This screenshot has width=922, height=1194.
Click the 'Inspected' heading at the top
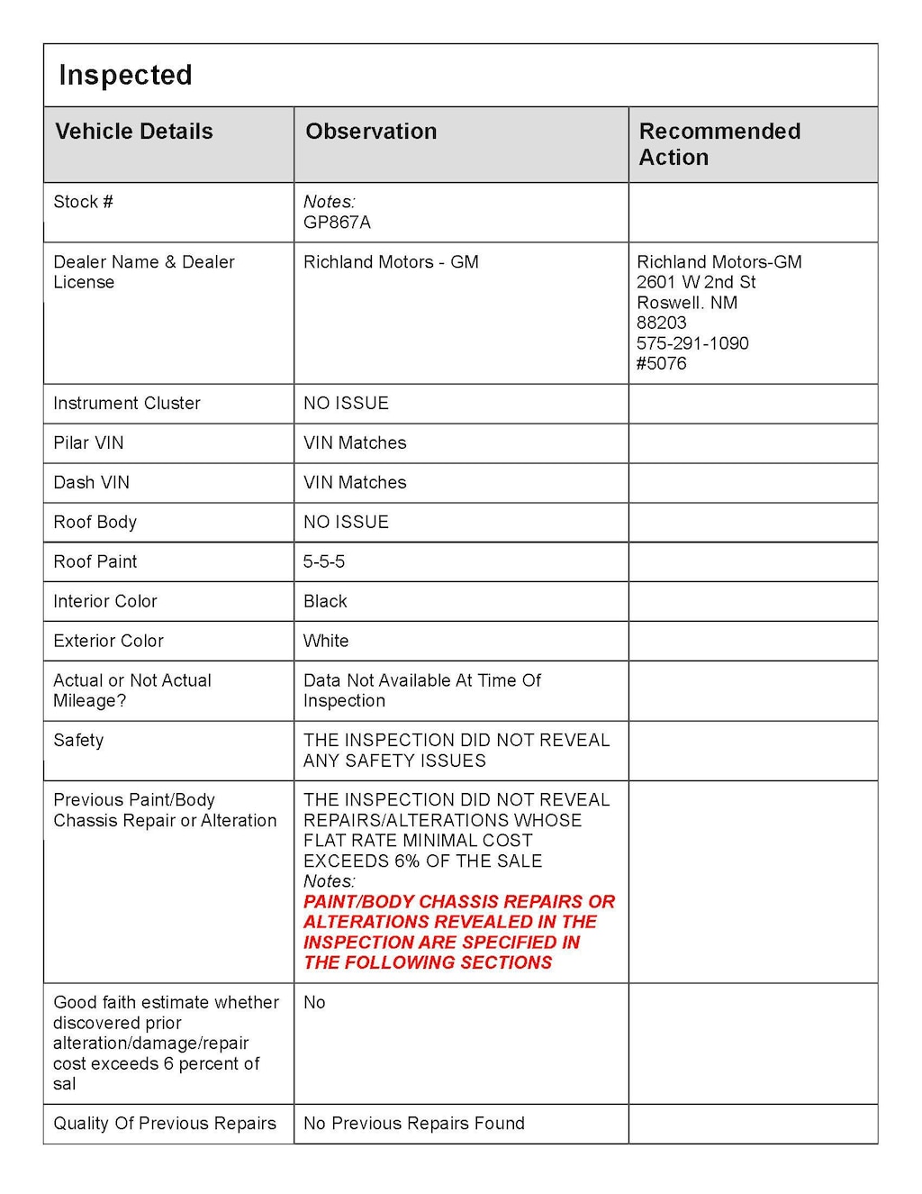pyautogui.click(x=125, y=75)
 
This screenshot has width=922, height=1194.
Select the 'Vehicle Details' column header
pyautogui.click(x=134, y=132)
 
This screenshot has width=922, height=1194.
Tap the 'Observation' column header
pyautogui.click(x=371, y=132)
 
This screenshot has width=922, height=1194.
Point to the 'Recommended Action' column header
pyautogui.click(x=719, y=144)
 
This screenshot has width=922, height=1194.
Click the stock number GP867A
pyautogui.click(x=337, y=223)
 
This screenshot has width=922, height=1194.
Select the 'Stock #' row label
pyautogui.click(x=83, y=202)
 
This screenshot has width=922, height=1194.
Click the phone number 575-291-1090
pyautogui.click(x=692, y=343)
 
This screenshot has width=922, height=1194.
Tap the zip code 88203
pyautogui.click(x=661, y=323)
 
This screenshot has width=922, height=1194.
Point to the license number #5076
pyautogui.click(x=661, y=363)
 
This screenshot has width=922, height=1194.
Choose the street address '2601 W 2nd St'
pyautogui.click(x=696, y=282)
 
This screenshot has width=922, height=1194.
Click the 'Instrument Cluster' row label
pyautogui.click(x=127, y=404)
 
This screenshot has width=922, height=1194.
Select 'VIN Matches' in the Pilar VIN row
pyautogui.click(x=355, y=443)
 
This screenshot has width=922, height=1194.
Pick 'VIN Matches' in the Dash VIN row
pyautogui.click(x=355, y=483)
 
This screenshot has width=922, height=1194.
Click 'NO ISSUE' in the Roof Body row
pyautogui.click(x=346, y=523)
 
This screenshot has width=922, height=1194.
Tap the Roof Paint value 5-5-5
pyautogui.click(x=324, y=562)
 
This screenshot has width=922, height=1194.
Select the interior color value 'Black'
pyautogui.click(x=325, y=602)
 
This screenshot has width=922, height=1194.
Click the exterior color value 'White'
pyautogui.click(x=326, y=642)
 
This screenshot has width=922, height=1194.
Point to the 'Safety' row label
pyautogui.click(x=78, y=741)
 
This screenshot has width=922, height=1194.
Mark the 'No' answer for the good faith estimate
pyautogui.click(x=314, y=1003)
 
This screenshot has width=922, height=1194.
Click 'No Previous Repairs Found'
pyautogui.click(x=413, y=1124)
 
